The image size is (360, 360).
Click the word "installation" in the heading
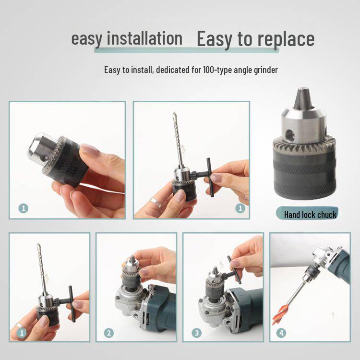pos(144,38)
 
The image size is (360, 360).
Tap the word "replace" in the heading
pos(286,39)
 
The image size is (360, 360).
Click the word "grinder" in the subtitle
pos(263,70)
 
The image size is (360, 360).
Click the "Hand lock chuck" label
pos(310,215)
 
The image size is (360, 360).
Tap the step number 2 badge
pos(109,333)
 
